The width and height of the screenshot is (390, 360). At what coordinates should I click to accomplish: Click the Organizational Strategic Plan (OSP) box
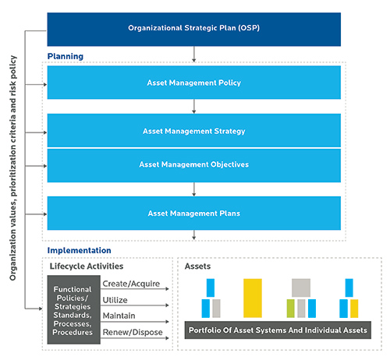(x=194, y=30)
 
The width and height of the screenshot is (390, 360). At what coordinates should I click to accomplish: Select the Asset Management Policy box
(x=194, y=83)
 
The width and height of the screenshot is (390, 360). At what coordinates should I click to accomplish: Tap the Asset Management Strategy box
(x=194, y=130)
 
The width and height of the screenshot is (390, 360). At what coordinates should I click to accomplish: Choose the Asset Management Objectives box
(x=194, y=165)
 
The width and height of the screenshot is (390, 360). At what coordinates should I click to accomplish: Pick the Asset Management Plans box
(x=194, y=214)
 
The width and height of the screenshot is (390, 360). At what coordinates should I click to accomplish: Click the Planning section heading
(x=66, y=56)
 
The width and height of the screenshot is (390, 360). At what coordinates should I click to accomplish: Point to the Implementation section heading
(x=79, y=250)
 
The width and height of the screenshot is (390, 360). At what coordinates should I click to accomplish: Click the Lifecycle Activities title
(x=87, y=266)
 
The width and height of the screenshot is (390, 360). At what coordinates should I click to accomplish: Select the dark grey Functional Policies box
(x=74, y=310)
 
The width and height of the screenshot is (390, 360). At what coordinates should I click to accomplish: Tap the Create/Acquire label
(x=131, y=284)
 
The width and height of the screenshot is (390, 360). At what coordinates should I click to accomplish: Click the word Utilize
(x=115, y=300)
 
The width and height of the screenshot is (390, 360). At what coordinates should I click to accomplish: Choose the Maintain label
(x=119, y=316)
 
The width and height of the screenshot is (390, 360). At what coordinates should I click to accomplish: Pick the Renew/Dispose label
(x=133, y=332)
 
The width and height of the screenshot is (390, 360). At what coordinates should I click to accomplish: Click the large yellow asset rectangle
(x=253, y=298)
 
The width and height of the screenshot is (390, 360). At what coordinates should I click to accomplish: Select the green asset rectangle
(x=291, y=309)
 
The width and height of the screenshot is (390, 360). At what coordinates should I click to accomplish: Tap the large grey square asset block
(x=301, y=288)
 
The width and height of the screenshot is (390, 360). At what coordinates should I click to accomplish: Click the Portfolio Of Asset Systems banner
(x=278, y=330)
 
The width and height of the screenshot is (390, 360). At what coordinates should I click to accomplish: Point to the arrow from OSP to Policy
(x=194, y=55)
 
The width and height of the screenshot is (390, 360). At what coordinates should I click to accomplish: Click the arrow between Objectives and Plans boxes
(x=194, y=189)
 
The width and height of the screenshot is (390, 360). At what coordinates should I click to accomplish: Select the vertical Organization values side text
(x=13, y=168)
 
